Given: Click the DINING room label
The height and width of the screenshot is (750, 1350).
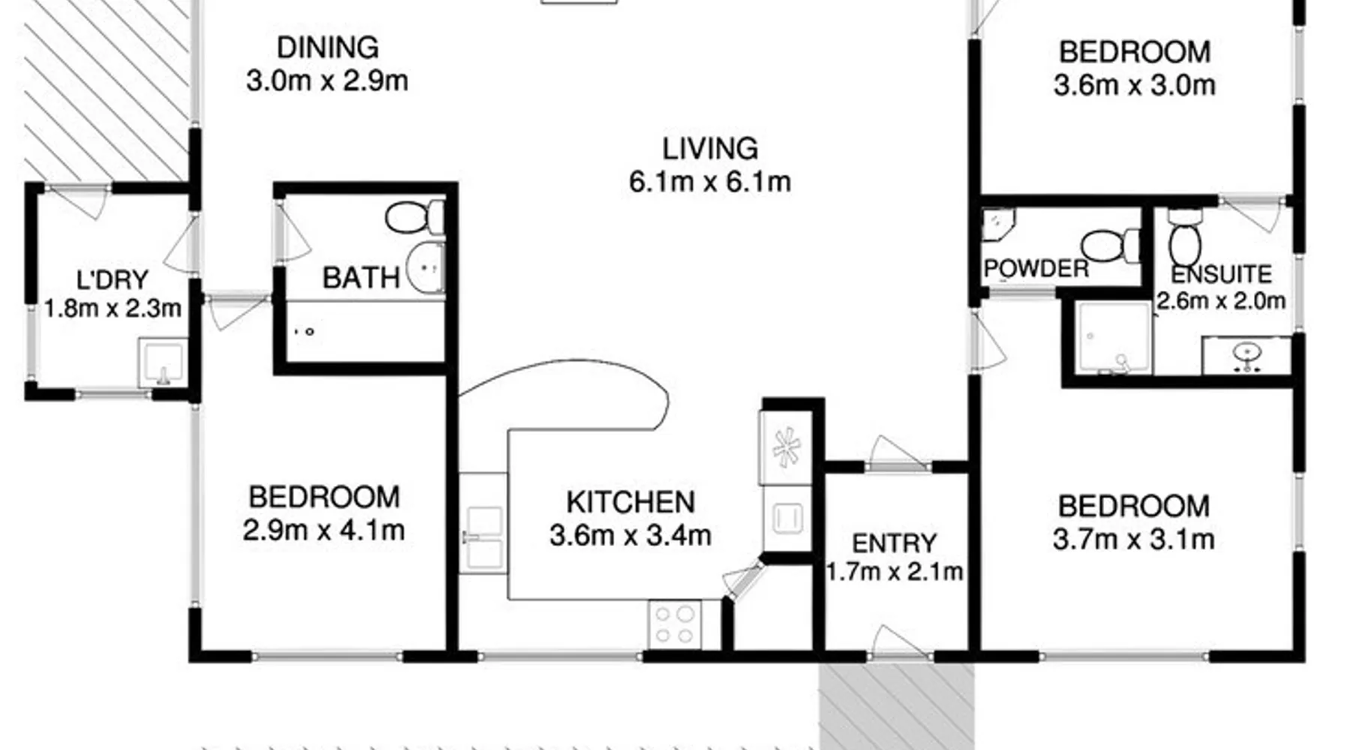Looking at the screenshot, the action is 328,47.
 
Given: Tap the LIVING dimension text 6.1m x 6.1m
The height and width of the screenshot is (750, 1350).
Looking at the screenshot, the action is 709,181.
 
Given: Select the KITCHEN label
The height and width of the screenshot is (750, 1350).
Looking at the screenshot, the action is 631,502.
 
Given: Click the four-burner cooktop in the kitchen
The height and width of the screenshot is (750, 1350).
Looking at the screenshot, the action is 674,625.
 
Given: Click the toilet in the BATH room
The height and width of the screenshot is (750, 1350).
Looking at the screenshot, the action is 415,217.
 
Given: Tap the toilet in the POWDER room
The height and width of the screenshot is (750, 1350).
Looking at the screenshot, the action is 1111,246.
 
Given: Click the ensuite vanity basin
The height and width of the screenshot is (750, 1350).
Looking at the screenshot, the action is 1246,355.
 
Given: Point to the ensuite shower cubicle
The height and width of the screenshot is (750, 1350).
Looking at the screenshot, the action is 1113,337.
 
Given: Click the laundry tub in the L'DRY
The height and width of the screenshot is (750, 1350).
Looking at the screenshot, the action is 162,362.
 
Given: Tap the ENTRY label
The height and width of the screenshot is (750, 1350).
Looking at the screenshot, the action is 894,543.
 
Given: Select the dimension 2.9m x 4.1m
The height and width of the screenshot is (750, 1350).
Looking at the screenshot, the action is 323,530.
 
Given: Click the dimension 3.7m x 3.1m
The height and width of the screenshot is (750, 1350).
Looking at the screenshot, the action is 1133,538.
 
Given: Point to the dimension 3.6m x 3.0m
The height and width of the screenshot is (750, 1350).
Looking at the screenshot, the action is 1134,85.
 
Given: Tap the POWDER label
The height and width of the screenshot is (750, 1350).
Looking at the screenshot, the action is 1036,268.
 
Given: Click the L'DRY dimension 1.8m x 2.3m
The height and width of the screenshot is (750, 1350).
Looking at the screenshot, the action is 112,307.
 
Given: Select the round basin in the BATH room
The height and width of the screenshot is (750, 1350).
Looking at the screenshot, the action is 425,267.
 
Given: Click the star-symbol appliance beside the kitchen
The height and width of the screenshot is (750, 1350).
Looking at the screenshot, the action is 785,448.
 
